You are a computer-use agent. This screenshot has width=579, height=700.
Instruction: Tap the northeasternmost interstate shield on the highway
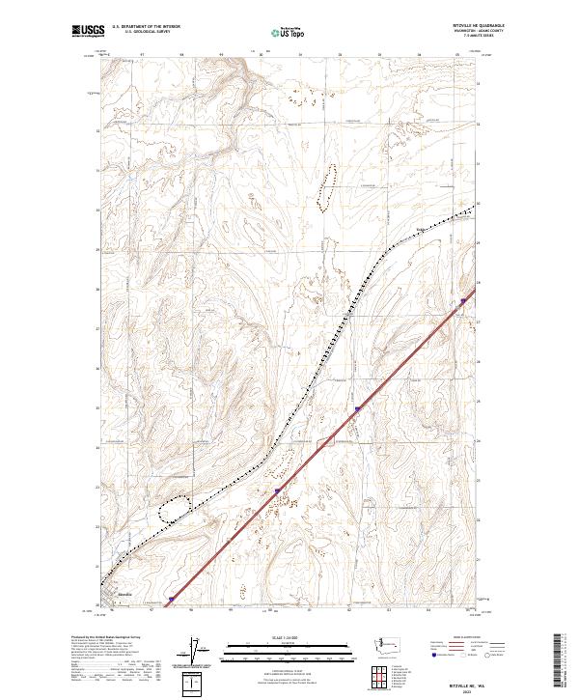pos(463,301)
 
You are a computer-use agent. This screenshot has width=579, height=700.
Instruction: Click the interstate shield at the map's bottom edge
pos(171,599)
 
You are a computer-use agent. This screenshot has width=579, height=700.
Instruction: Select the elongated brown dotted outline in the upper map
pos(329,186)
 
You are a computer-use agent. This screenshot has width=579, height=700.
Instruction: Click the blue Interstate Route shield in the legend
pos(431,654)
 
